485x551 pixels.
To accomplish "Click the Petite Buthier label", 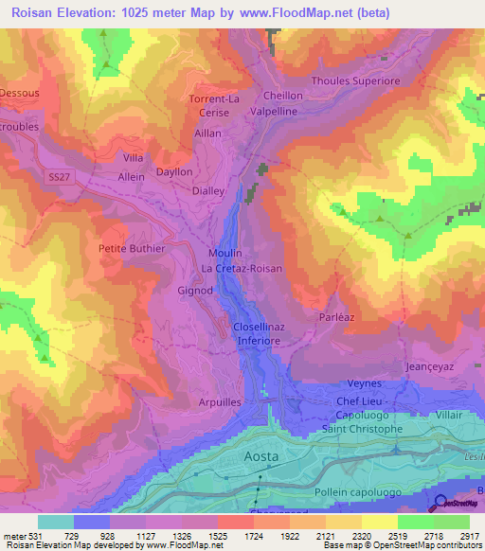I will click(132, 249).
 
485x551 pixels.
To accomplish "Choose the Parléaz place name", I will click(335, 319).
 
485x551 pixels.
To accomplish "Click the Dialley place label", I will click(207, 190).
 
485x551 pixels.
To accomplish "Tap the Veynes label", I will click(365, 383).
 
